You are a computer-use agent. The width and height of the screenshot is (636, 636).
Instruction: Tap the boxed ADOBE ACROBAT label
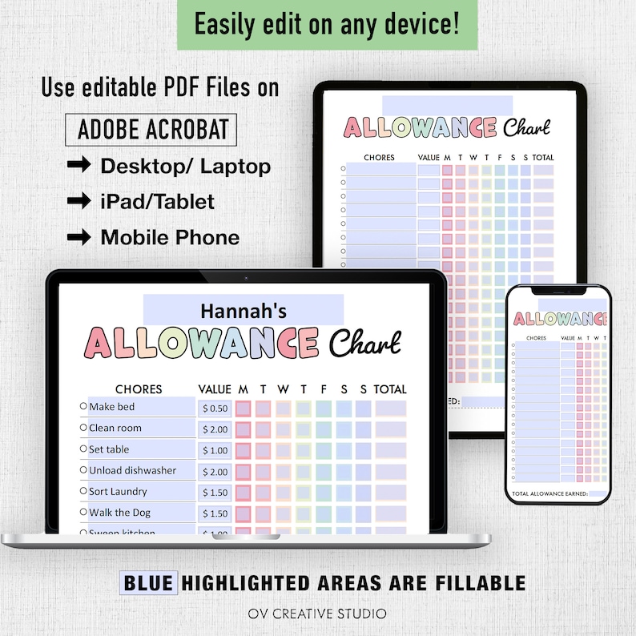153,129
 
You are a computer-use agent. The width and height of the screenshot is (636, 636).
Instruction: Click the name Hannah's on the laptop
243,310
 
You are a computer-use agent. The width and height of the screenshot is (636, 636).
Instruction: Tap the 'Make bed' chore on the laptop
112,407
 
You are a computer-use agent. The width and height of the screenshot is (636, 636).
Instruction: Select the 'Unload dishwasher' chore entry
132,470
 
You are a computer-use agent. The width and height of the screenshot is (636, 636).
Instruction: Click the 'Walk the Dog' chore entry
119,513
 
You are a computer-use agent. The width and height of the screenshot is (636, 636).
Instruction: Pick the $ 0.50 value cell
215,409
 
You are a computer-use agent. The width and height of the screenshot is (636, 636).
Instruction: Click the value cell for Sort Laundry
215,493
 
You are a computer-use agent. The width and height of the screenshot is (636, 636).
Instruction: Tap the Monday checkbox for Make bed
243,409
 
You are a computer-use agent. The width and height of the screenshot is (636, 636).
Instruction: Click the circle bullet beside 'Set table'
83,449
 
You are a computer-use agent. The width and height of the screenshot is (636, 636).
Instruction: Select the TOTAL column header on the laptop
390,389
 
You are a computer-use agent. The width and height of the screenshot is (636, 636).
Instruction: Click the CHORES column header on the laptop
139,389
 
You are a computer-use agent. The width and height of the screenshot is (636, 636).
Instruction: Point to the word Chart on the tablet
527,128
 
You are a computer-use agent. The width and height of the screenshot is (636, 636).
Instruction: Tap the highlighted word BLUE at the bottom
148,582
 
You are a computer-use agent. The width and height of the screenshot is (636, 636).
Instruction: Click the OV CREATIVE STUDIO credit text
318,614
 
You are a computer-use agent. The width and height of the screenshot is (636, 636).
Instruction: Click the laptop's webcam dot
246,279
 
